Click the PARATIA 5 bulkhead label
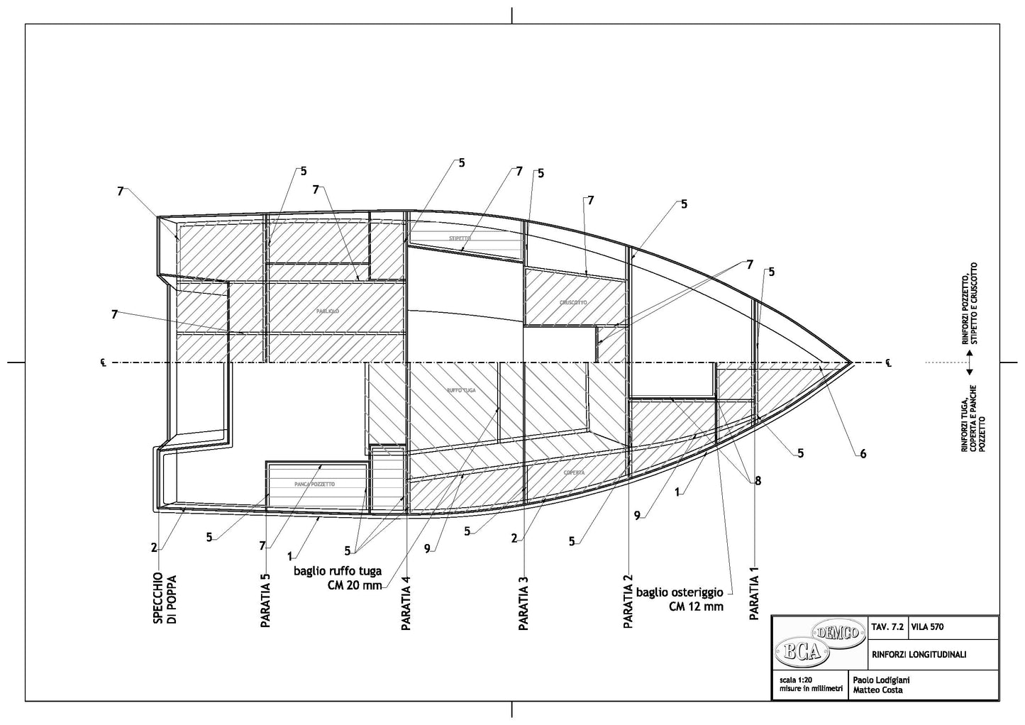click(x=266, y=600)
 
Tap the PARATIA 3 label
click(x=523, y=600)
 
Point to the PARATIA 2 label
click(x=628, y=600)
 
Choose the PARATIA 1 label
click(x=755, y=593)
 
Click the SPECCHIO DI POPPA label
click(x=164, y=597)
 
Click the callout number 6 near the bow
click(x=863, y=454)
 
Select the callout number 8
click(x=758, y=480)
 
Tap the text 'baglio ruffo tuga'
click(x=338, y=571)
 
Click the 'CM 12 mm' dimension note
click(x=696, y=607)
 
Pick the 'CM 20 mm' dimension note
click(x=355, y=585)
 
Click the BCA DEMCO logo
click(x=819, y=641)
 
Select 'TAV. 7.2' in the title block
click(x=887, y=627)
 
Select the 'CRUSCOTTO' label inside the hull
click(x=573, y=302)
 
